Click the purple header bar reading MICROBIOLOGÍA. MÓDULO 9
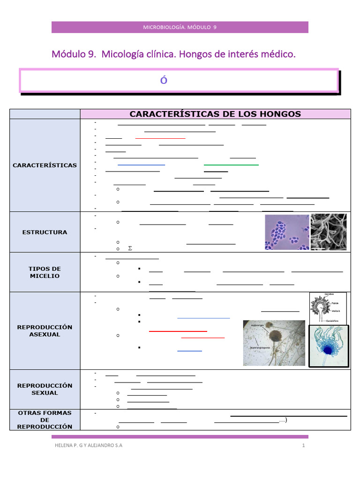pos(180,27)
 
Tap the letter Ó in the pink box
pos(164,80)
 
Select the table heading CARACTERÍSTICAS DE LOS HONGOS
pos(215,114)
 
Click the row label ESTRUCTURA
pos(45,232)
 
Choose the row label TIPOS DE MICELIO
pos(45,272)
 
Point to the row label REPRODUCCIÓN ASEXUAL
pos(45,330)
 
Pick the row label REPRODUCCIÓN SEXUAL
pos(45,389)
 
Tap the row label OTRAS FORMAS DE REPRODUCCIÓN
pos(45,420)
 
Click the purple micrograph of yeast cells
pos(286,232)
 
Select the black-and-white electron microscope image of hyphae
pos(329,232)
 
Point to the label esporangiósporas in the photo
pos(257,347)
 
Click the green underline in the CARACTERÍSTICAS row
pos(231,165)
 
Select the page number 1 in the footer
pos(304,445)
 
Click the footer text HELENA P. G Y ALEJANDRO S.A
pos(88,445)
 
